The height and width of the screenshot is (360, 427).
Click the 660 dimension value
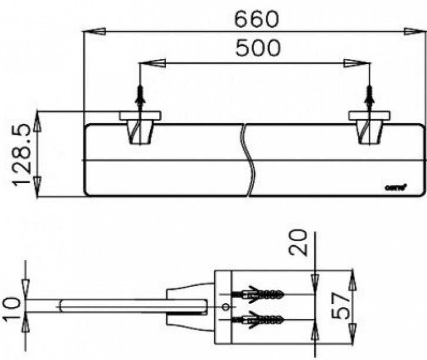pos(256,19)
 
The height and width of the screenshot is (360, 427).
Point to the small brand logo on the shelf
pos(393,187)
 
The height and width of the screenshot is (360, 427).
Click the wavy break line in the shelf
pos(251,159)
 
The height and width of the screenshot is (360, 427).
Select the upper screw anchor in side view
pos(259,294)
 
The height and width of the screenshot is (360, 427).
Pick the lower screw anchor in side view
pos(259,321)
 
